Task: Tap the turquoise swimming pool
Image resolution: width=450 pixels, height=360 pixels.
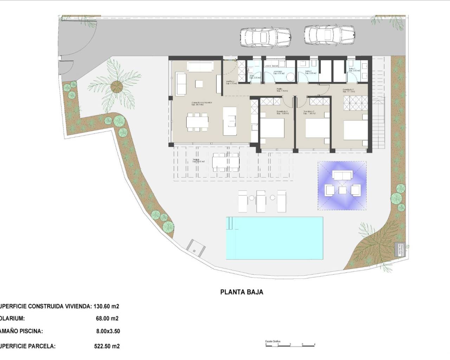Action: pyautogui.click(x=274, y=237)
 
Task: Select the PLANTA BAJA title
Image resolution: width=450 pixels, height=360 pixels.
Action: pyautogui.click(x=242, y=292)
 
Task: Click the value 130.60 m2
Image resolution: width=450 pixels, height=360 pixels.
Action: pyautogui.click(x=107, y=306)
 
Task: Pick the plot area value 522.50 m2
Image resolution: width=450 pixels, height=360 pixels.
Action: pyautogui.click(x=107, y=346)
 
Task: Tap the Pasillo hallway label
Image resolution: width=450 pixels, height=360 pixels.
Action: pyautogui.click(x=279, y=90)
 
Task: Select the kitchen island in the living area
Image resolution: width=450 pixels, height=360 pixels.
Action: pyautogui.click(x=230, y=121)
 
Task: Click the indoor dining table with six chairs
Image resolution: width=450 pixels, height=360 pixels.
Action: pyautogui.click(x=197, y=122)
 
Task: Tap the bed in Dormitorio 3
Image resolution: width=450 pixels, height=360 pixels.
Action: pyautogui.click(x=272, y=128)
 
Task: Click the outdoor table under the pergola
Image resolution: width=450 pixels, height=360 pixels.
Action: pyautogui.click(x=226, y=162)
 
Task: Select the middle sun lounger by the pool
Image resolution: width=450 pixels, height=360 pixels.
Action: pyautogui.click(x=261, y=201)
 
